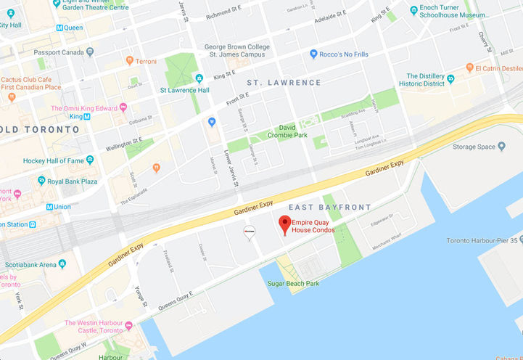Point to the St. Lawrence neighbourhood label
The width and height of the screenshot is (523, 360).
pyautogui.click(x=284, y=83)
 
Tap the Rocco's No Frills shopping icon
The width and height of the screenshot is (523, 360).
pyautogui.click(x=313, y=53)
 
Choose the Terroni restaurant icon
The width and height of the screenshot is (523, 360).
pyautogui.click(x=129, y=61)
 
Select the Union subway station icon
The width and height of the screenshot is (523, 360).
pyautogui.click(x=49, y=207)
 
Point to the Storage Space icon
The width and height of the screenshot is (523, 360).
pyautogui.click(x=501, y=147)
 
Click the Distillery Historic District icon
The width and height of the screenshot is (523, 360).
pyautogui.click(x=450, y=78)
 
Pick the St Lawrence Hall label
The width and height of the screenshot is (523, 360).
pyautogui.click(x=184, y=91)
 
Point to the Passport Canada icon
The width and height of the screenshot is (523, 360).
pyautogui.click(x=89, y=52)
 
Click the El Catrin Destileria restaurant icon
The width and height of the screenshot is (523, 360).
pyautogui.click(x=470, y=68)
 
